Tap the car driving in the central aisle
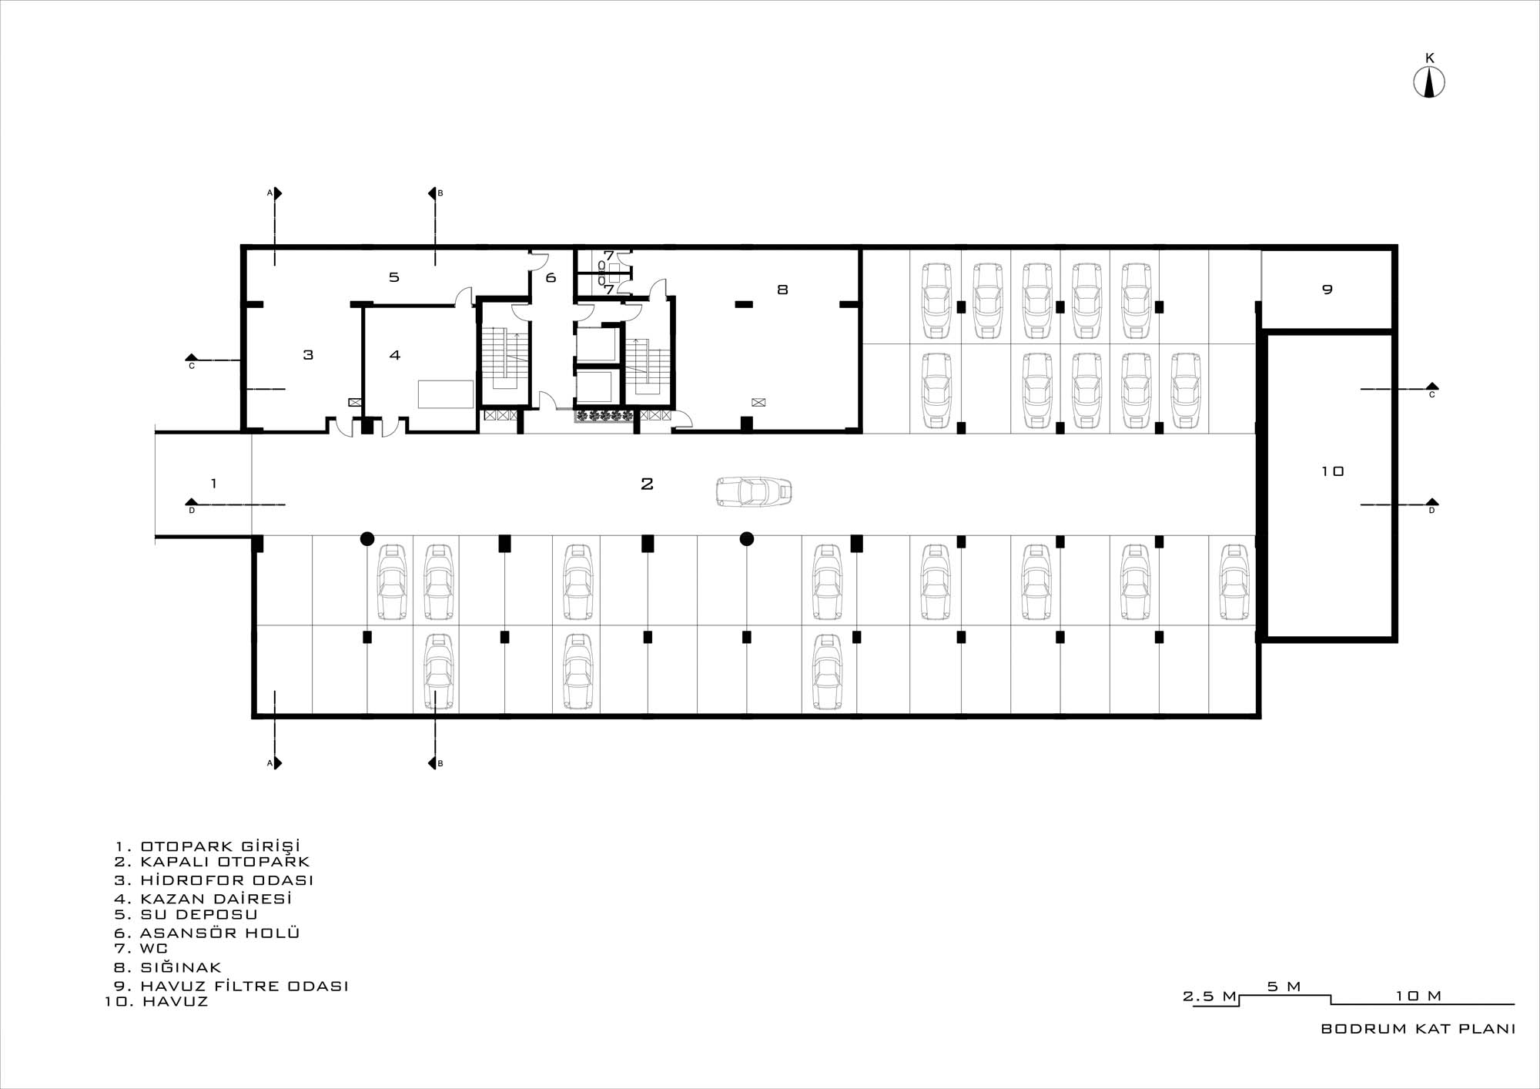pyautogui.click(x=754, y=491)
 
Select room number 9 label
pyautogui.click(x=1327, y=290)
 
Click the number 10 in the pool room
pyautogui.click(x=1332, y=471)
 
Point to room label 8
pyautogui.click(x=782, y=290)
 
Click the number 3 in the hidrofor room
pyautogui.click(x=308, y=355)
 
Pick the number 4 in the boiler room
pyautogui.click(x=395, y=355)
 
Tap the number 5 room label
pyautogui.click(x=393, y=276)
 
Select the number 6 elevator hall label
pyautogui.click(x=551, y=277)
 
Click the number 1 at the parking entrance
pyautogui.click(x=213, y=484)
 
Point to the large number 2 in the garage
pyautogui.click(x=647, y=484)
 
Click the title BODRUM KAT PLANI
pyautogui.click(x=1418, y=1029)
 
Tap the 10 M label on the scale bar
pyautogui.click(x=1418, y=996)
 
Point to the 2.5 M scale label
pyautogui.click(x=1210, y=996)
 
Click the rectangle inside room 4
pyautogui.click(x=446, y=394)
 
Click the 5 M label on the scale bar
pyautogui.click(x=1284, y=986)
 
